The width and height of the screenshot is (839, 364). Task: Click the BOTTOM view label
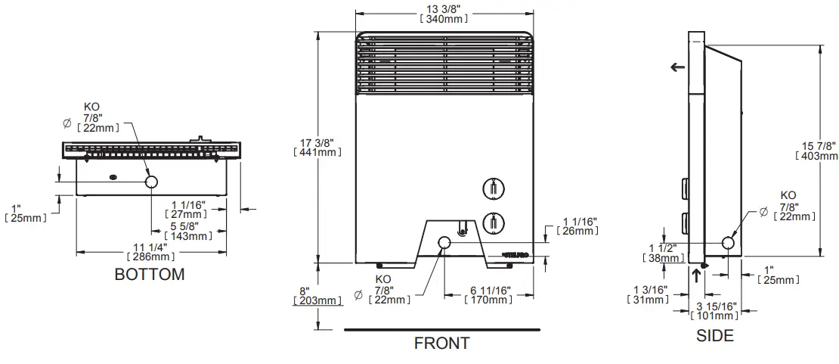(149, 274)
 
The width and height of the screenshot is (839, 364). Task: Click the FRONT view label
(441, 344)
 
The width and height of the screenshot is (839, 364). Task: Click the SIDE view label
(714, 335)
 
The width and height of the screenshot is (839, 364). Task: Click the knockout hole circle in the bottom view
(151, 182)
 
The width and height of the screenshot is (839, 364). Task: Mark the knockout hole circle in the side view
(729, 243)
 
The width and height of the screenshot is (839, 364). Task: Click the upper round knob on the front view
(491, 187)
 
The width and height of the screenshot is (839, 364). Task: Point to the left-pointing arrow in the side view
(678, 67)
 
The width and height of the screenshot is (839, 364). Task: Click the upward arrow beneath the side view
(696, 275)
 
